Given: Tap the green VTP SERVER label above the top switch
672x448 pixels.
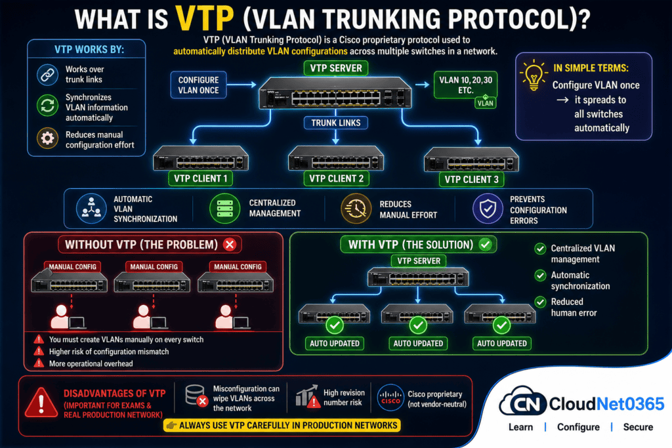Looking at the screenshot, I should point(336,68).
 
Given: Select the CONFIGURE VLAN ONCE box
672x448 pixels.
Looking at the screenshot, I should point(199,85).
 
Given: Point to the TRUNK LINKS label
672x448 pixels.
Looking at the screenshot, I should point(336,122).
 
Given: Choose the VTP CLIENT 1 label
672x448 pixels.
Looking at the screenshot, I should point(201,178).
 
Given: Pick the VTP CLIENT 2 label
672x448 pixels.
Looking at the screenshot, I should point(336,178).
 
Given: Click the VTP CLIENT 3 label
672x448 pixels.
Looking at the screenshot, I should point(471,178).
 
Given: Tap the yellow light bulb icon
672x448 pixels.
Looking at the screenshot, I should point(533,75).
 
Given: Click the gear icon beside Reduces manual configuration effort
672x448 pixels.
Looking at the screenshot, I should point(47,138).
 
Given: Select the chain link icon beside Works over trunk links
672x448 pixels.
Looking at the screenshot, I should point(47,74).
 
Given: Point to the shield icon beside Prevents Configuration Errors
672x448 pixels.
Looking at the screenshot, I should point(486,209).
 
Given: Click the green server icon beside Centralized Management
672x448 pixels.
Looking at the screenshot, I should point(224,209).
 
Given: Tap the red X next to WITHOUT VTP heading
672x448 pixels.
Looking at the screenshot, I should point(230,245).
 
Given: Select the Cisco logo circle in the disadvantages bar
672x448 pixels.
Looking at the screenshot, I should point(390,398).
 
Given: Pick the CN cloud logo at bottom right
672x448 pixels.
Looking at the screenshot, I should point(523,403).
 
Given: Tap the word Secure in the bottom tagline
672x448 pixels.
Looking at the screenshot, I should point(638,427).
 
